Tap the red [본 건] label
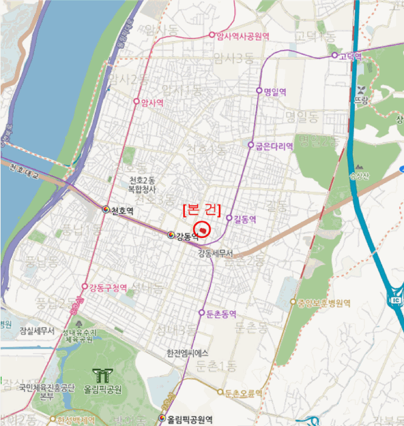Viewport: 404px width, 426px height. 201,209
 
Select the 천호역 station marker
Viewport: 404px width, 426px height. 106,209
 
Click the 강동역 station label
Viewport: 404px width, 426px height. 187,238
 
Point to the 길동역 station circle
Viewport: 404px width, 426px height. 229,218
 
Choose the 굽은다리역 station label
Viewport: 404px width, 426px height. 274,146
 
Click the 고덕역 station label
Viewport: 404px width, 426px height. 350,57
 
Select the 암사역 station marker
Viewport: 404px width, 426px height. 136,102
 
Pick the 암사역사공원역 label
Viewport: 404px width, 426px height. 243,35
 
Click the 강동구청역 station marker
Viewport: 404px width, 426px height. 85,287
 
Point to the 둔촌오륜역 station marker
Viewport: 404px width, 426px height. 220,392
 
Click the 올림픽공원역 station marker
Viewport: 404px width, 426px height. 162,419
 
